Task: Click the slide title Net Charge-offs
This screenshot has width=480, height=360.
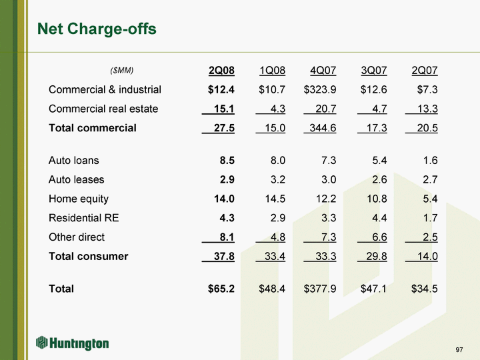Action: [97, 29]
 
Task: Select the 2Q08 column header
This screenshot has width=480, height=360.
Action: [221, 70]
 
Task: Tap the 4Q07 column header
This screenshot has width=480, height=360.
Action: [323, 70]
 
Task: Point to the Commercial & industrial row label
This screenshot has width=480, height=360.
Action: [105, 89]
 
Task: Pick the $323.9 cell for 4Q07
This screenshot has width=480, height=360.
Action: [320, 89]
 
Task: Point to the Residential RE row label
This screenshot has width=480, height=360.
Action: [84, 217]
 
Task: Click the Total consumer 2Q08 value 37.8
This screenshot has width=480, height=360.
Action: [221, 256]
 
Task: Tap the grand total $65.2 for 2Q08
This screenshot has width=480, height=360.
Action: [221, 289]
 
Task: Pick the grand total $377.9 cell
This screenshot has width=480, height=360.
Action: [320, 289]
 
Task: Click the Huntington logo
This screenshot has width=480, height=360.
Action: [73, 343]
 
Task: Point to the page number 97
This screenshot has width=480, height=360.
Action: [459, 350]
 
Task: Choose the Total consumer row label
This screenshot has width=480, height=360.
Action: [88, 256]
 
